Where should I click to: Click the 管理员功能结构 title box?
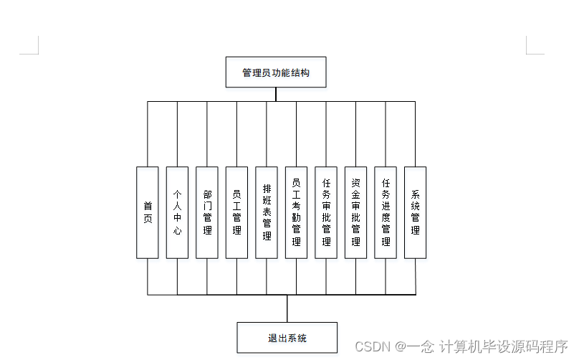coord(276,72)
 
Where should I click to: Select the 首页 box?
coord(148,212)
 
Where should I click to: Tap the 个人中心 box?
coord(177,212)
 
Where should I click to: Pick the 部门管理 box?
coord(207,212)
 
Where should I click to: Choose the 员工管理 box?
coord(236,212)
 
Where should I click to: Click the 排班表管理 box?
coord(267,212)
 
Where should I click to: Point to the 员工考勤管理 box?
coord(296,212)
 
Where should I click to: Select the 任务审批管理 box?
coord(326,212)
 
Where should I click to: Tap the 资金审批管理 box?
coord(355,212)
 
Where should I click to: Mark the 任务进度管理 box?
coord(386,212)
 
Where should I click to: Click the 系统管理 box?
coord(415,212)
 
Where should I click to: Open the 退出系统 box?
coord(287,337)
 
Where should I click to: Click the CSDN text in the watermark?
coord(372,346)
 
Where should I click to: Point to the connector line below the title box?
coord(276,95)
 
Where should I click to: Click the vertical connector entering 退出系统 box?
coord(287,309)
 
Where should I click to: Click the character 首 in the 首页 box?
coord(148,206)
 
